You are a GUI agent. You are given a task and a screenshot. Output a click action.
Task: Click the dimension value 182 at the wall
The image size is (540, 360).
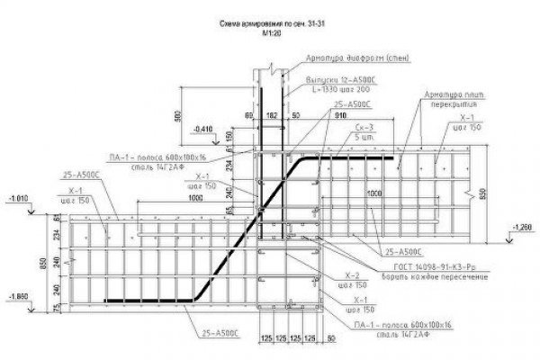coord(272,117)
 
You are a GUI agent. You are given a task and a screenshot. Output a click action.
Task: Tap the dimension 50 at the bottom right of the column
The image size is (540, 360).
coord(332,340)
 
